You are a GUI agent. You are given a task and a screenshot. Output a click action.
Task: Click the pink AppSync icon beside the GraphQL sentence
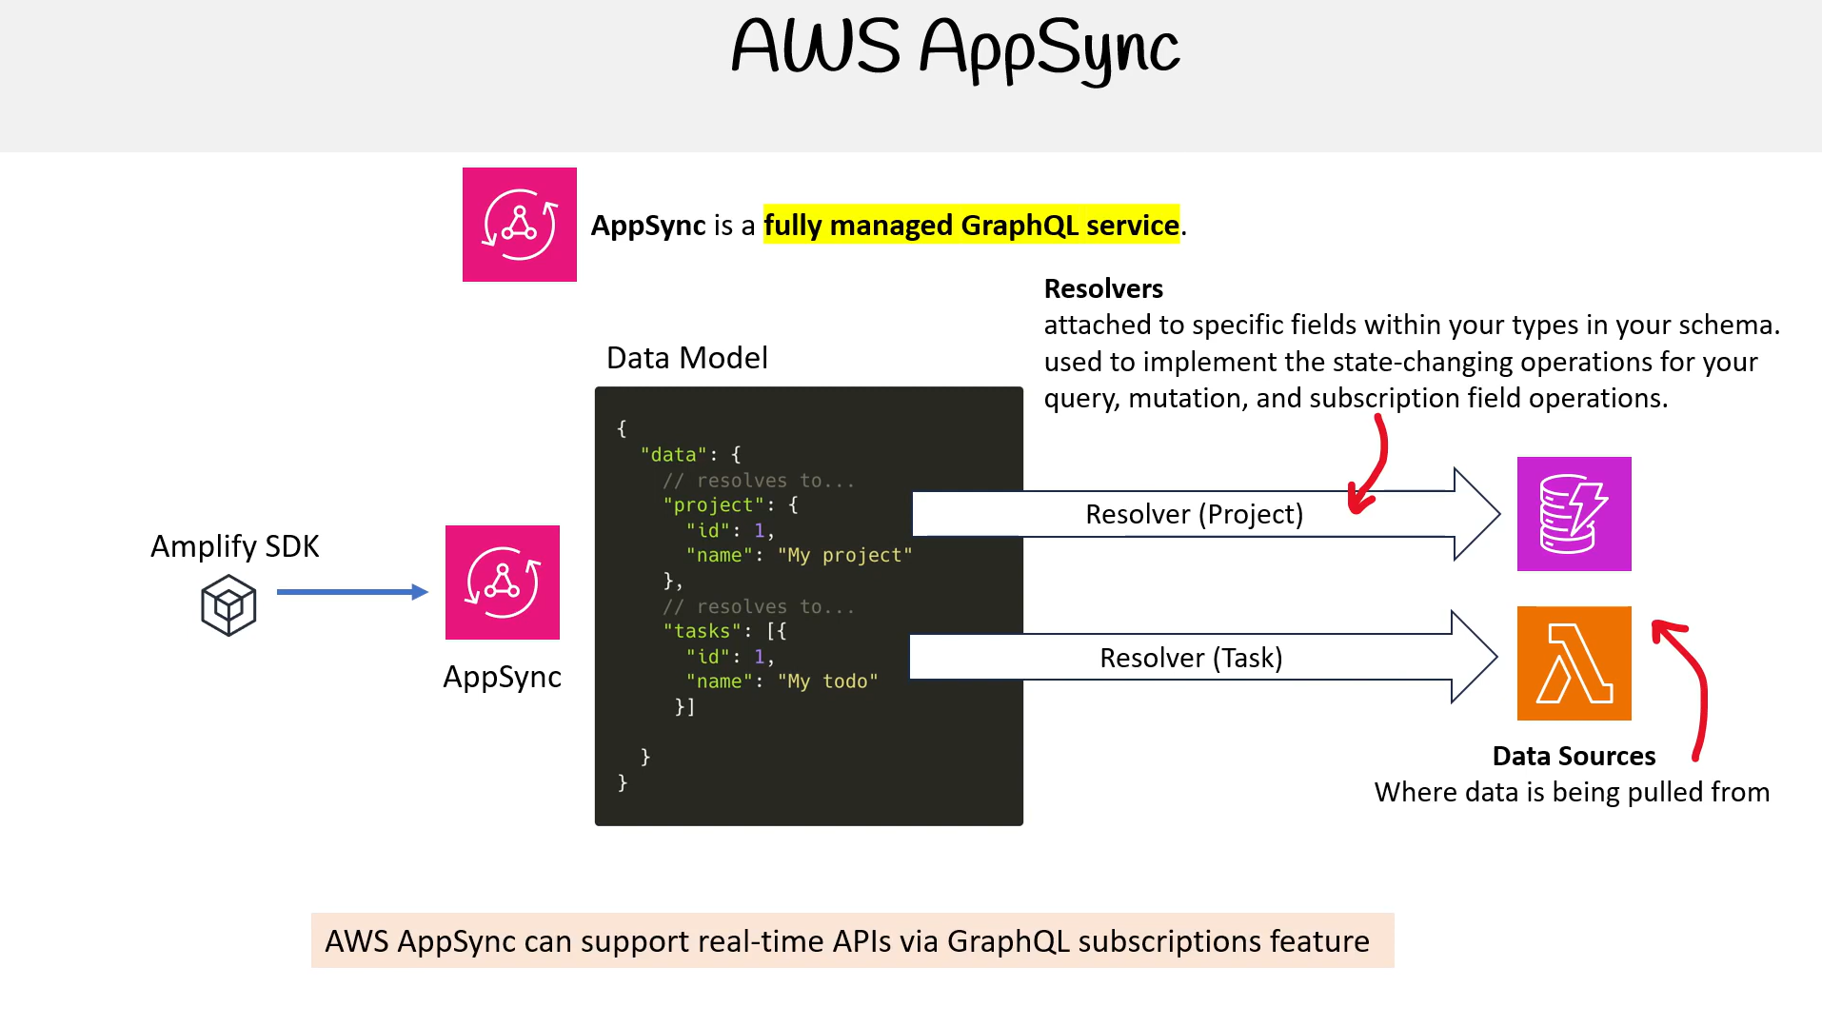pos(520,225)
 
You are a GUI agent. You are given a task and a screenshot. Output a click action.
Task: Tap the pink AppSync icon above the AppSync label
pos(503,583)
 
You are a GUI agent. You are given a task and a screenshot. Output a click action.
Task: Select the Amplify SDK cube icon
pos(228,605)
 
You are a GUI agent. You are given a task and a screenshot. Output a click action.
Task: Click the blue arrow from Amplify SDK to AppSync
pos(352,592)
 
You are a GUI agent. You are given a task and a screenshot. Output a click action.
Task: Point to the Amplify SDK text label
pos(235,546)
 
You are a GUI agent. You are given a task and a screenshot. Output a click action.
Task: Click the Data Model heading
pos(687,358)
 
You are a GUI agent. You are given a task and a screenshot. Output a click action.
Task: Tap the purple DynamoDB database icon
pos(1574,514)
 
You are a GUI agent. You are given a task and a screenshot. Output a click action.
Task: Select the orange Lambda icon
pos(1574,663)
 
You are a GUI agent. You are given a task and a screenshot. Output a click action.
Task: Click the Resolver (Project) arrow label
pos(1195,514)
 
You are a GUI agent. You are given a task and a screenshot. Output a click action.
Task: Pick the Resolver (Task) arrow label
pos(1191,658)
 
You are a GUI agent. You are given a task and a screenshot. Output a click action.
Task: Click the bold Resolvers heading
pos(1103,288)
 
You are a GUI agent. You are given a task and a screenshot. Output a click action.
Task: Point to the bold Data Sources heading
pos(1574,756)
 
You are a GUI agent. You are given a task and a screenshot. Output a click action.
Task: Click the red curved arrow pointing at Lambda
pos(1701,681)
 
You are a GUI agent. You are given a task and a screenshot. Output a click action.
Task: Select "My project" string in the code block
pos(844,555)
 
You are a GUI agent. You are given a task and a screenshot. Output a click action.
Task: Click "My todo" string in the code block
pos(827,681)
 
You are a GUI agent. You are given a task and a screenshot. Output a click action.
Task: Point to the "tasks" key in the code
pos(702,631)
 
